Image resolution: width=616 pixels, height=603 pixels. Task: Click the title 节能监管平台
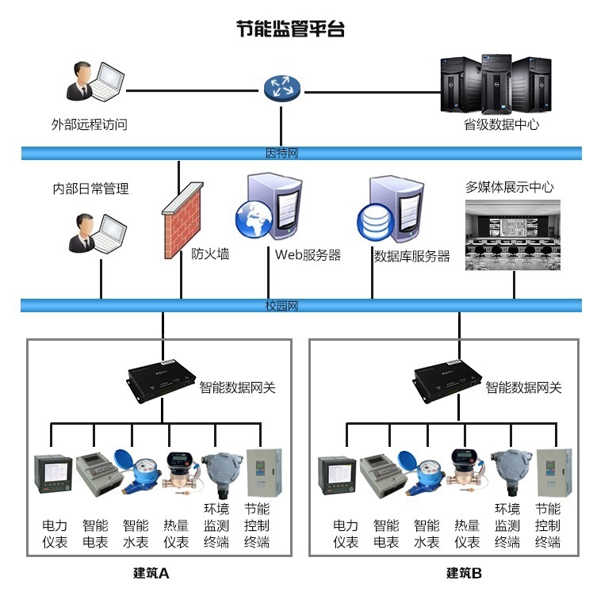coord(290,29)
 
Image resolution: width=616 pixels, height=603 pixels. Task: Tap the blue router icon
coord(281,88)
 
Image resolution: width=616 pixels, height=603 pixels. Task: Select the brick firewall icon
coord(182,219)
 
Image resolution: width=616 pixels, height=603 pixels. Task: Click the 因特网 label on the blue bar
coord(281,153)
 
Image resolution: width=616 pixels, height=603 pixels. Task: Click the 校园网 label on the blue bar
coord(281,305)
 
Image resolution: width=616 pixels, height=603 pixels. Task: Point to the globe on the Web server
coord(254,219)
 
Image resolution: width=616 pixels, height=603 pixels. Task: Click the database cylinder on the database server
coord(376,221)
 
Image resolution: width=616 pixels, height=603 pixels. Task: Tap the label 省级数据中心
coord(501,124)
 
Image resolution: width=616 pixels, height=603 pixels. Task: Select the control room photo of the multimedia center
coord(513,235)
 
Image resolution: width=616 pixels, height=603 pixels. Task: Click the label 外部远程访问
coord(89,124)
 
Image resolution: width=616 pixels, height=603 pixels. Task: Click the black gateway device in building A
coord(162,380)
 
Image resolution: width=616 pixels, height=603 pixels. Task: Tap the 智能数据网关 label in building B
coord(523,387)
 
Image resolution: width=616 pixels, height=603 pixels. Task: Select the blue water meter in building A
coord(137,472)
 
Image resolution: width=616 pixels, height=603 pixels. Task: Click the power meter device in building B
coord(338,475)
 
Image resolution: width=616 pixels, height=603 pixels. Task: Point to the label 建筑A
coord(151,573)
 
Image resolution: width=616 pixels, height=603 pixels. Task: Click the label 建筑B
coord(464,573)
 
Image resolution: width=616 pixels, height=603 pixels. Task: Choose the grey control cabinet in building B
coord(554,473)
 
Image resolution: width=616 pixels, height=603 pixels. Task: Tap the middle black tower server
coord(496,84)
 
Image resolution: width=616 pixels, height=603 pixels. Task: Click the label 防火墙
coord(210,254)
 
